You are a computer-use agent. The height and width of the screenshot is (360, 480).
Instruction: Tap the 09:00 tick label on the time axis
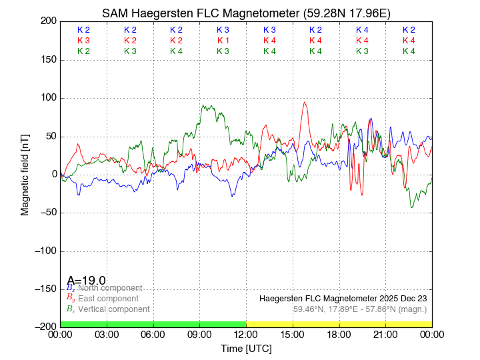click(199, 335)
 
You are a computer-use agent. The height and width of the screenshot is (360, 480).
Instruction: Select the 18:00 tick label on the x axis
click(339, 335)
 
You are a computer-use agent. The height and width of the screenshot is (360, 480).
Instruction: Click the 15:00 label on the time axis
click(292, 335)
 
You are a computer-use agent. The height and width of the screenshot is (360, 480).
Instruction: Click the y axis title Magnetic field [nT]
click(25, 174)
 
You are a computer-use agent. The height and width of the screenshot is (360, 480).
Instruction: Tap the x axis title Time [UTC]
click(246, 348)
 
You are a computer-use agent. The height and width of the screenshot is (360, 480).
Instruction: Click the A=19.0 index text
click(86, 281)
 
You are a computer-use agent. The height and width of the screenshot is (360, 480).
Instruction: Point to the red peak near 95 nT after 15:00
click(305, 103)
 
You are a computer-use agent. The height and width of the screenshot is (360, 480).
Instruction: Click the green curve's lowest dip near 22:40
click(411, 207)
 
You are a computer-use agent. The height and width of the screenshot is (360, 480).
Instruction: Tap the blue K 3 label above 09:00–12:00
click(223, 30)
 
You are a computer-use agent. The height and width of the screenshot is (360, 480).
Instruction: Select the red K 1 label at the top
click(223, 41)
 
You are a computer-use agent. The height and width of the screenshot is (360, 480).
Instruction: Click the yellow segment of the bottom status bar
click(339, 324)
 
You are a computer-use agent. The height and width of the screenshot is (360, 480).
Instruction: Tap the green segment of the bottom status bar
click(153, 324)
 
